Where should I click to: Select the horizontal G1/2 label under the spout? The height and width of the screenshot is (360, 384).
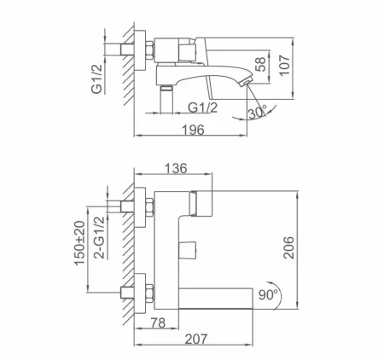pyautogui.click(x=201, y=107)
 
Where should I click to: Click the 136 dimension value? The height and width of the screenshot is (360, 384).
pyautogui.click(x=175, y=169)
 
